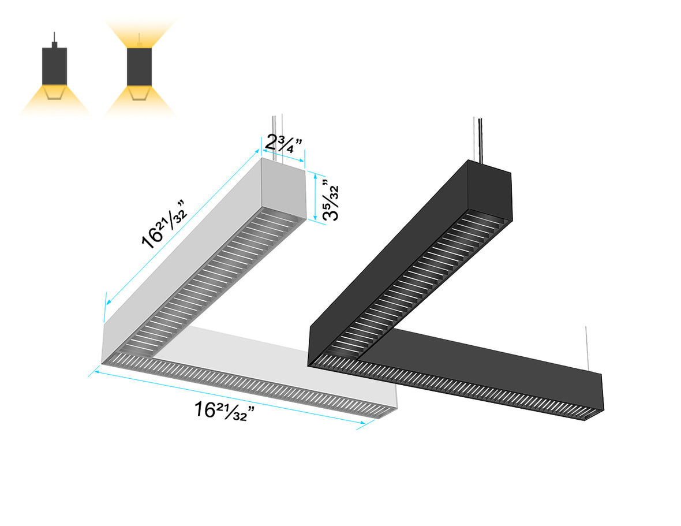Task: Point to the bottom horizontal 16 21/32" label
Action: [x=221, y=411]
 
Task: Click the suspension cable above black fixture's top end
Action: [x=478, y=139]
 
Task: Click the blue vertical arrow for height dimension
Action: [x=315, y=196]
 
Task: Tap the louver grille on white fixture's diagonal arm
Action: [x=219, y=277]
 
